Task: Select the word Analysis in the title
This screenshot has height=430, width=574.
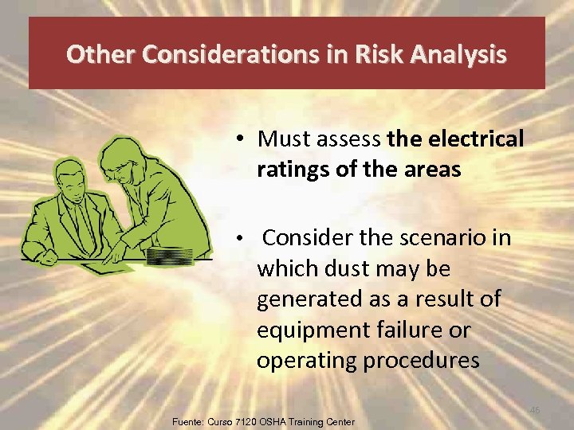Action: pyautogui.click(x=467, y=54)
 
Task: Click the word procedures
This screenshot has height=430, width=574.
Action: pyautogui.click(x=421, y=359)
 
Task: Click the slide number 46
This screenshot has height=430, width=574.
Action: pyautogui.click(x=535, y=409)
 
